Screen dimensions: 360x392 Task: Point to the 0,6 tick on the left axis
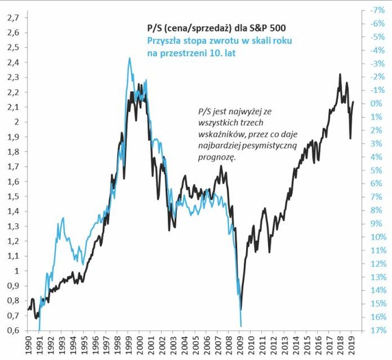[x=12, y=330]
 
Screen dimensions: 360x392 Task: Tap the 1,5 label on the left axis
[x=12, y=196]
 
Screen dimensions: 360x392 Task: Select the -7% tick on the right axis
[x=377, y=10]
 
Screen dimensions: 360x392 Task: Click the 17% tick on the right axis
[x=377, y=330]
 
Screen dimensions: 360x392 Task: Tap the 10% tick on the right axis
[x=377, y=237]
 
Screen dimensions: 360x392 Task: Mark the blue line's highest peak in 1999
[x=129, y=58]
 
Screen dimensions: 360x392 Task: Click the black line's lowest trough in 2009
[x=241, y=310]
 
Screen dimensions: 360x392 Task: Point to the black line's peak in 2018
[x=339, y=74]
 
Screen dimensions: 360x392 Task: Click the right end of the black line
[x=354, y=102]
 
